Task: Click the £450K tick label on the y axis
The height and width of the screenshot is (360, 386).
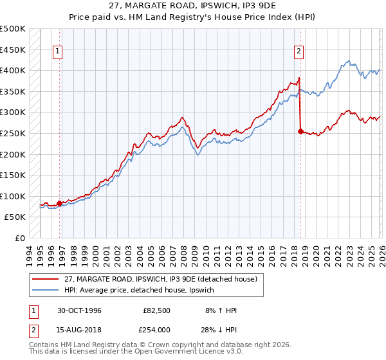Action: [x=12, y=50]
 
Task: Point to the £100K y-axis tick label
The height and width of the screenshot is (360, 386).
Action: [x=12, y=196]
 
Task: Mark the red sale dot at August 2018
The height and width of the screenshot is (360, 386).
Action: [x=300, y=131]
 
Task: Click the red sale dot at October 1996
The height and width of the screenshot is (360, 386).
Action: [x=60, y=203]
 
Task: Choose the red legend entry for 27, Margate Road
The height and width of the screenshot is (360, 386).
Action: [x=160, y=279]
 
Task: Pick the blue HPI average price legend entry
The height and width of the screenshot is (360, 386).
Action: [x=143, y=290]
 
